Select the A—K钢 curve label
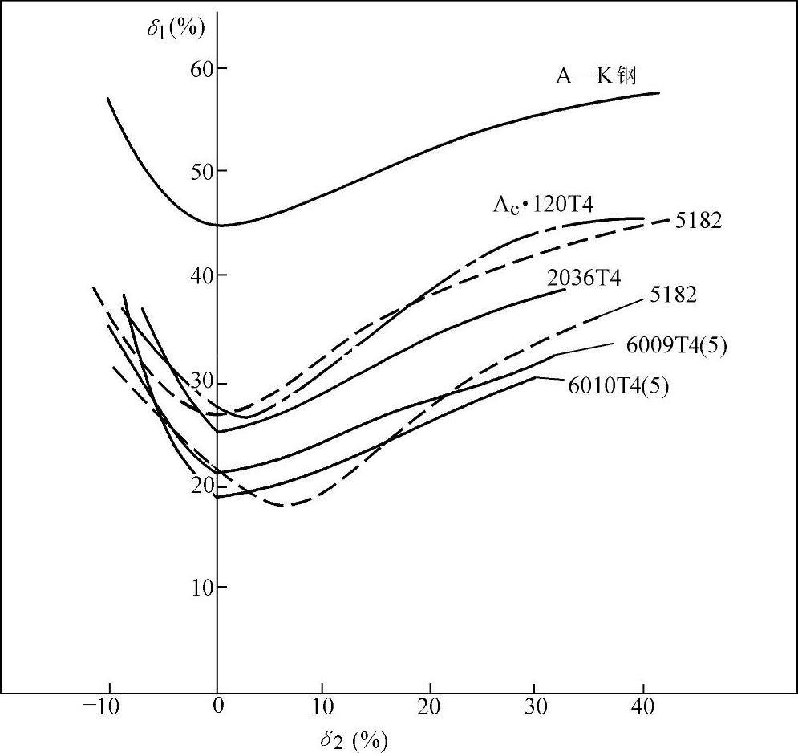[x=597, y=76]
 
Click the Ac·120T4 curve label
[x=543, y=205]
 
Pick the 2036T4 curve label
[x=584, y=279]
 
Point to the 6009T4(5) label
[x=676, y=347]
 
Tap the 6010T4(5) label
[x=618, y=385]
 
